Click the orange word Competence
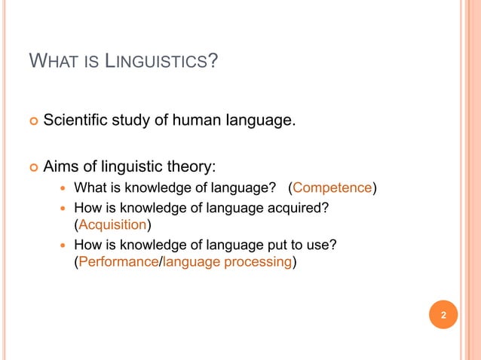tap(333, 188)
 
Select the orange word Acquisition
tap(112, 224)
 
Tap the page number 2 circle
tap(443, 314)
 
